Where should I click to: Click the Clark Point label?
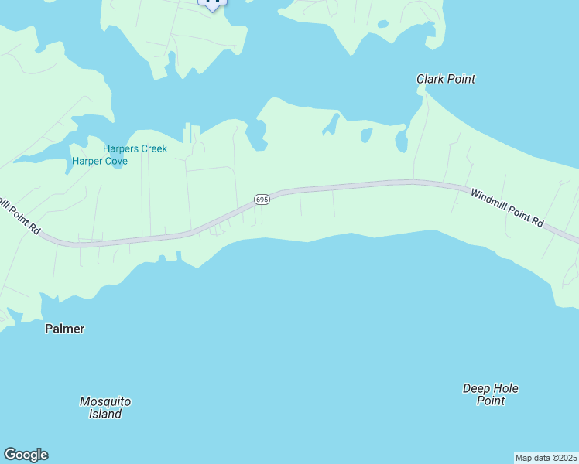(x=445, y=79)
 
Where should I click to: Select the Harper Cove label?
(x=99, y=162)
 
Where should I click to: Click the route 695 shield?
(x=262, y=200)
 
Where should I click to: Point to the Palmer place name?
(x=64, y=329)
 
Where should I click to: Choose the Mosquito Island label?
(x=105, y=408)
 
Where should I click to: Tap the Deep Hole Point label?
(x=490, y=394)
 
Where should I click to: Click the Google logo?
(x=26, y=455)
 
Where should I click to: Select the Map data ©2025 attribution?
(x=546, y=458)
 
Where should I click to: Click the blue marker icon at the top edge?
(x=213, y=3)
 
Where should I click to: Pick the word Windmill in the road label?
(x=491, y=199)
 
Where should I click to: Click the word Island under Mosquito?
(x=105, y=414)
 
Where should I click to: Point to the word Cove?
(x=116, y=162)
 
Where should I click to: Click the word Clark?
(x=430, y=79)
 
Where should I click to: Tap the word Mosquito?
(x=105, y=401)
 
